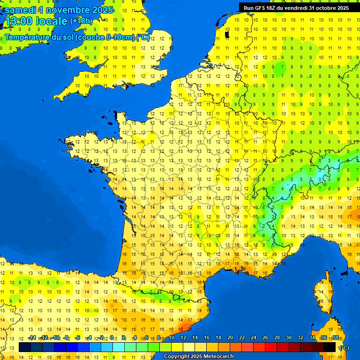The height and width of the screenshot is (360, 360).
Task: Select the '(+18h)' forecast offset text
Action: [x=81, y=21]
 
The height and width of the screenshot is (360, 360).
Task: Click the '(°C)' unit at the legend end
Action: [x=344, y=347]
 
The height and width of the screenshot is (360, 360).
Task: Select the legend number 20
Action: [x=230, y=338]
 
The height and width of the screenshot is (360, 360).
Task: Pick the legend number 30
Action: [x=289, y=338]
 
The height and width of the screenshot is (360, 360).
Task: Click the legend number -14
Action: [x=32, y=338]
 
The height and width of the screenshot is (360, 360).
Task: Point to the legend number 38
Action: [x=335, y=338]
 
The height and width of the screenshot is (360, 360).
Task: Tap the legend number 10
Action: [x=172, y=338]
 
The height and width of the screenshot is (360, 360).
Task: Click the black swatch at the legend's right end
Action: [x=330, y=347]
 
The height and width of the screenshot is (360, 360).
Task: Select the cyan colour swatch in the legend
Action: [x=119, y=347]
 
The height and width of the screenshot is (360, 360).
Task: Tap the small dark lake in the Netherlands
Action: [x=227, y=34]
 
